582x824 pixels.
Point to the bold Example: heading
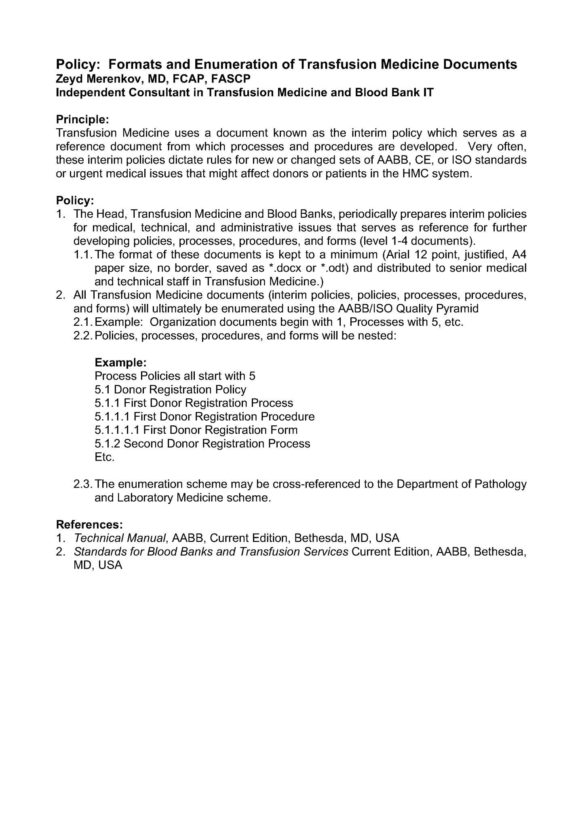click(x=120, y=362)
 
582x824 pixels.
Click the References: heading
click(x=89, y=525)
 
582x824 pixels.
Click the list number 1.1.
click(x=83, y=255)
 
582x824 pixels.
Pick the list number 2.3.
click(x=83, y=484)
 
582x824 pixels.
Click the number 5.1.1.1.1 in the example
click(x=117, y=430)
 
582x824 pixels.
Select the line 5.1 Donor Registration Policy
click(x=170, y=389)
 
